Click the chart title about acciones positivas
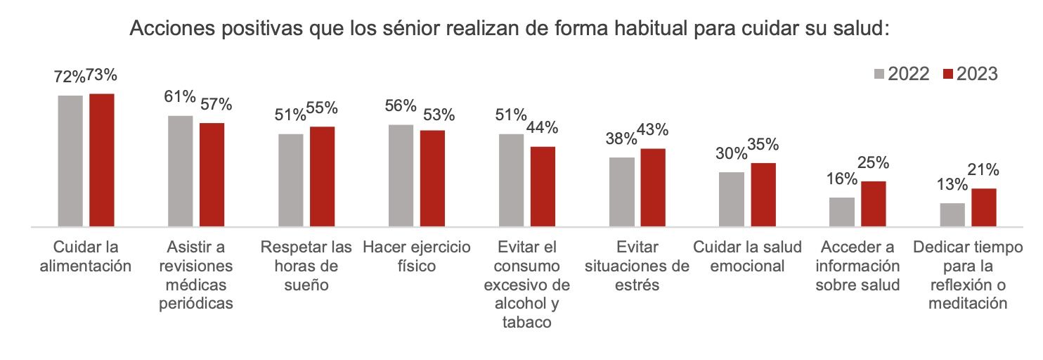point(510,30)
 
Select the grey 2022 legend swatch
point(879,75)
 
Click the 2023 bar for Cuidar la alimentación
point(101,160)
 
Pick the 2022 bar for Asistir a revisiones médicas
point(181,172)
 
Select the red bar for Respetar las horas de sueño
point(322,176)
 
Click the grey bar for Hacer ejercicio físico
point(401,176)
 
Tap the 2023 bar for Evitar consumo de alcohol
point(543,187)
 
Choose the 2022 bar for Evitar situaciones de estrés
point(621,192)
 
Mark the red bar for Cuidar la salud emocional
point(763,195)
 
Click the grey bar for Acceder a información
point(842,212)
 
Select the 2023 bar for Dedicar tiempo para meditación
point(984,207)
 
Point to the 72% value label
point(69,77)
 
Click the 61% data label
point(180,97)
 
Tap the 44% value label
point(543,128)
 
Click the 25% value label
point(874,162)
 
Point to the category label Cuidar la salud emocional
point(747,257)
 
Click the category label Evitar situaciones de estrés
point(637,266)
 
